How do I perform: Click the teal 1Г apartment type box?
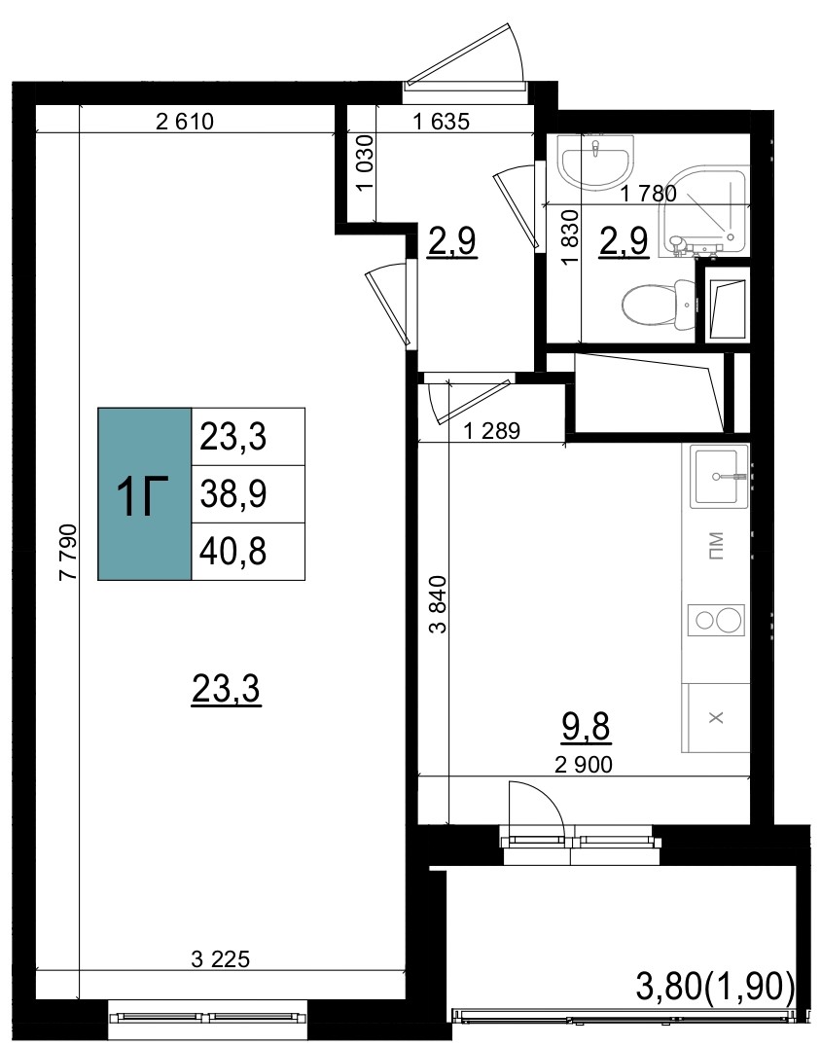[x=145, y=493]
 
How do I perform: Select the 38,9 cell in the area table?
[x=248, y=494]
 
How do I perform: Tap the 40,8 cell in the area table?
[x=248, y=552]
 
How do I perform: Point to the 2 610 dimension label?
[x=185, y=122]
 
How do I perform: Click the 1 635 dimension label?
[x=442, y=122]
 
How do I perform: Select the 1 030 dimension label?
[x=365, y=163]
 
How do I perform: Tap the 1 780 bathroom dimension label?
[x=648, y=194]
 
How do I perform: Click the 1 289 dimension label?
[x=491, y=431]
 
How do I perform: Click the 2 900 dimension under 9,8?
[x=584, y=764]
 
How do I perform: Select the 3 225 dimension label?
[x=220, y=959]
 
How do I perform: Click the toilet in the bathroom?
[x=659, y=305]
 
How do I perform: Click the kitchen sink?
[x=719, y=477]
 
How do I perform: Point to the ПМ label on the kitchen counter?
[x=716, y=545]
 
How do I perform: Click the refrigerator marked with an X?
[x=716, y=718]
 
